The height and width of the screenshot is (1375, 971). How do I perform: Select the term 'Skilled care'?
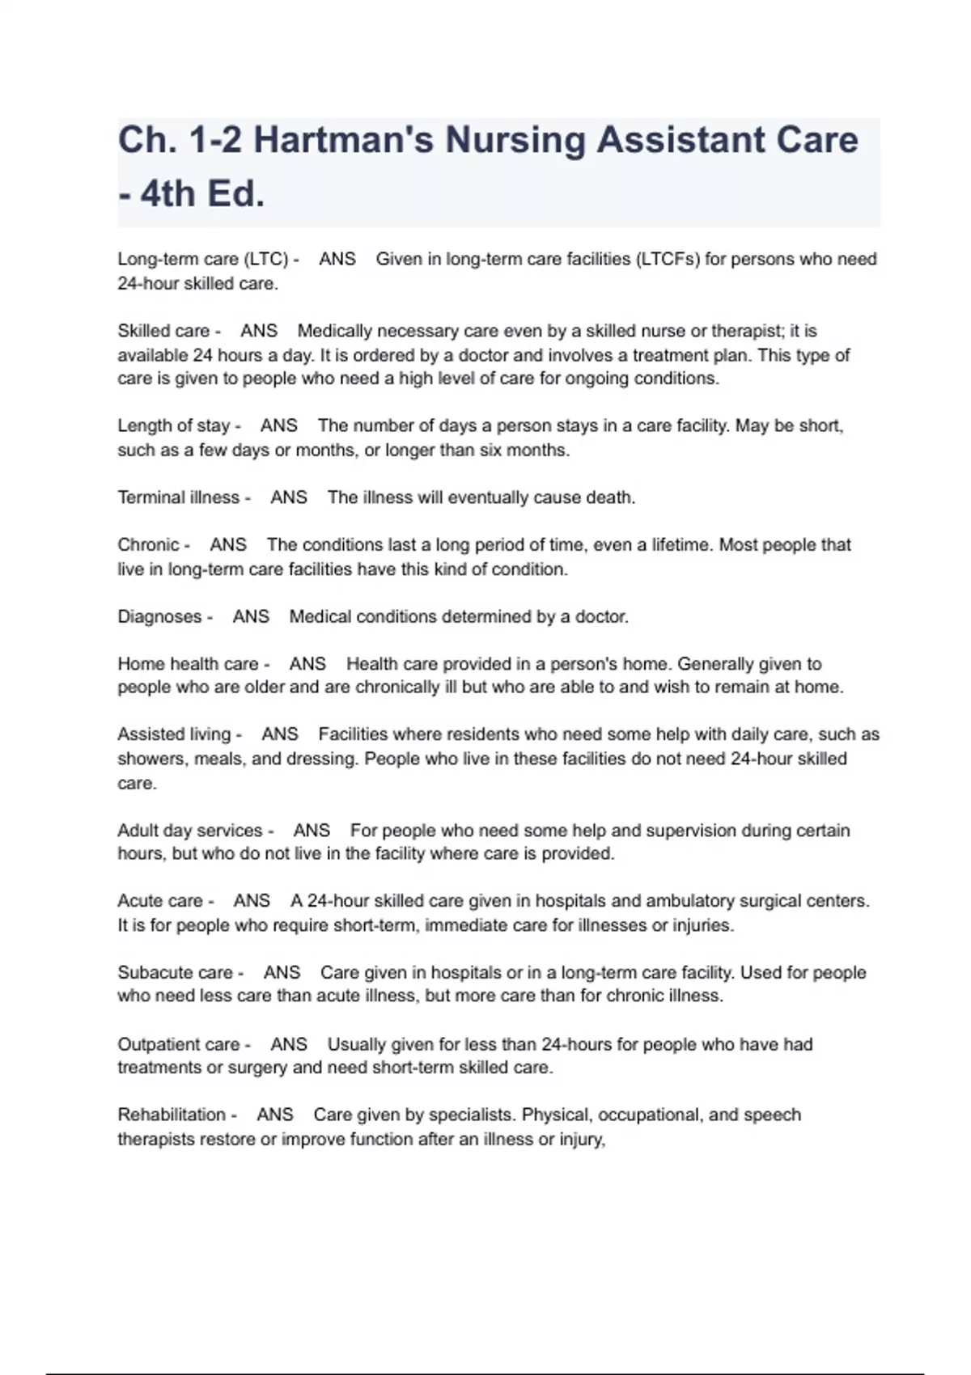pyautogui.click(x=163, y=331)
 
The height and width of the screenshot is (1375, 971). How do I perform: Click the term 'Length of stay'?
pyautogui.click(x=174, y=425)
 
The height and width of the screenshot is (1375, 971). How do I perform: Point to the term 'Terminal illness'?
pyautogui.click(x=179, y=497)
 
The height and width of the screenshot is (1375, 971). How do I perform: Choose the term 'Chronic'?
pyautogui.click(x=148, y=544)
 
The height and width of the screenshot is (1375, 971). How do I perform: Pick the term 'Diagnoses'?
pyautogui.click(x=159, y=616)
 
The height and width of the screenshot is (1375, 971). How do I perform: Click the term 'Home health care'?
pyautogui.click(x=188, y=664)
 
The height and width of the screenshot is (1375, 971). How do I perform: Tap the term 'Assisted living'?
pyautogui.click(x=174, y=734)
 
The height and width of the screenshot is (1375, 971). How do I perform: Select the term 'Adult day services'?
pyautogui.click(x=190, y=831)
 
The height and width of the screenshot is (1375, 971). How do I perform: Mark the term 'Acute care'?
pyautogui.click(x=160, y=901)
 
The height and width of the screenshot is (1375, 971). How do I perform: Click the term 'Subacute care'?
pyautogui.click(x=175, y=972)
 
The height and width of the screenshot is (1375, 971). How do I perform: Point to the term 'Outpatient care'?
pyautogui.click(x=179, y=1044)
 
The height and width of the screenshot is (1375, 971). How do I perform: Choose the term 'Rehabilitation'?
pyautogui.click(x=172, y=1115)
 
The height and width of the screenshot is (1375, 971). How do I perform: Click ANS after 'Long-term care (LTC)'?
pyautogui.click(x=337, y=259)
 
